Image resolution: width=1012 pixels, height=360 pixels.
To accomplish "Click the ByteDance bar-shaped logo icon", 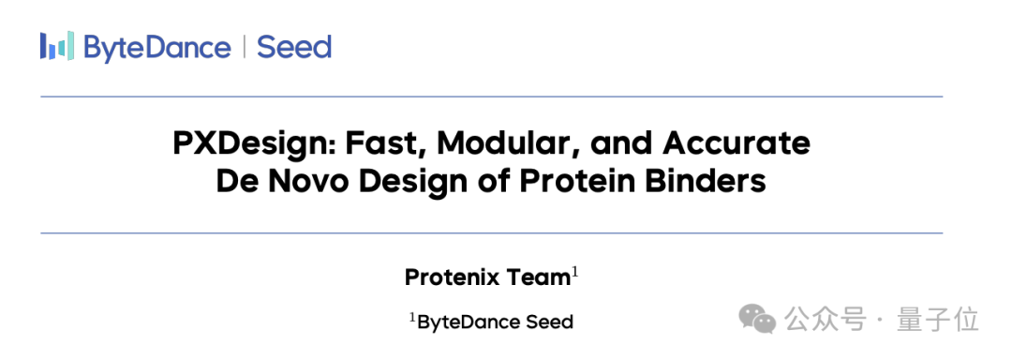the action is pyautogui.click(x=57, y=47).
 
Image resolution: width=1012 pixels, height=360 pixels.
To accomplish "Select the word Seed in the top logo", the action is pyautogui.click(x=294, y=47).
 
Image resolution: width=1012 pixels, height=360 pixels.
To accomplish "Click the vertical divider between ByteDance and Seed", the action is pyautogui.click(x=244, y=47).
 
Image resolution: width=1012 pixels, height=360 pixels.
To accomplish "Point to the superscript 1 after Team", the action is pyautogui.click(x=573, y=273).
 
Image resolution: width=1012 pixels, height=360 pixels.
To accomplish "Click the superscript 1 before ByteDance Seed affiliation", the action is pyautogui.click(x=413, y=317).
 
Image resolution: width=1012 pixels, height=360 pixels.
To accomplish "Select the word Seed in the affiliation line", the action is pyautogui.click(x=548, y=322).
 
